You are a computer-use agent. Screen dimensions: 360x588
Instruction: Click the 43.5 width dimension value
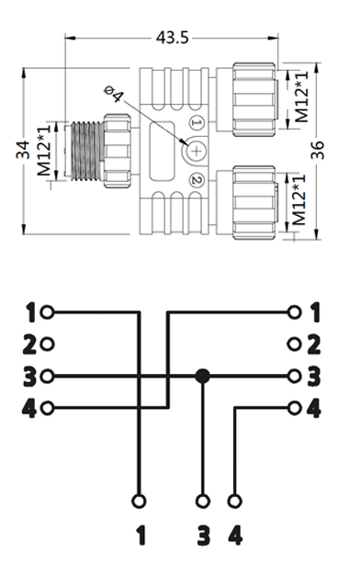pos(172,38)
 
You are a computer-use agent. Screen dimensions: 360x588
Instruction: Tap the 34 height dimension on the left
pos(23,150)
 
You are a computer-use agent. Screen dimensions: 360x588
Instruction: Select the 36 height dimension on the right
pos(317,150)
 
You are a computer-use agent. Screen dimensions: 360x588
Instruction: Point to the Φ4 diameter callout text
pos(113,94)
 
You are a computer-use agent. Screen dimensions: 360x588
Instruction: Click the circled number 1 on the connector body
pos(197,122)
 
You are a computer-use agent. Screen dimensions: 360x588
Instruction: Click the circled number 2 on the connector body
pos(197,180)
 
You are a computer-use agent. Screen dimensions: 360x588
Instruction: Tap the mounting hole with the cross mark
pos(197,151)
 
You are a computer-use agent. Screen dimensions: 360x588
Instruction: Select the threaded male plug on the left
pos(86,151)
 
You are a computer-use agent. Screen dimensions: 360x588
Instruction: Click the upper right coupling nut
pos(254,99)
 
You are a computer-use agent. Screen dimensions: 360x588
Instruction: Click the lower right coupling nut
pos(254,202)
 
